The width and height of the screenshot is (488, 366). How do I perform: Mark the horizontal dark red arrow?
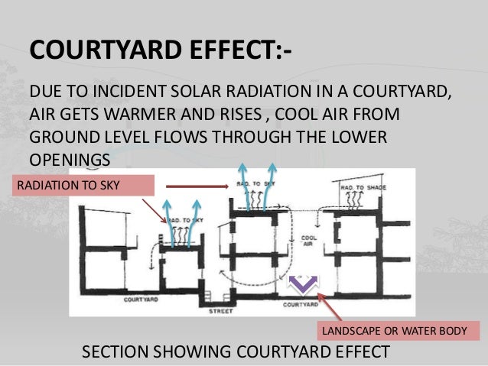(198, 185)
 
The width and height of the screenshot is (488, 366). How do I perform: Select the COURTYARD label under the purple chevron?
(300, 304)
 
